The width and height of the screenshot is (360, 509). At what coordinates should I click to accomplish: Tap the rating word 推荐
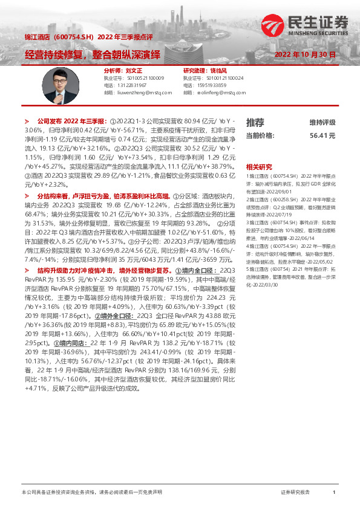pos(255,122)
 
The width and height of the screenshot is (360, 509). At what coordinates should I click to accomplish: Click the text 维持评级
pos(322,122)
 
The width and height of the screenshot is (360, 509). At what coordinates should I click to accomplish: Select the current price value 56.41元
pos(322,136)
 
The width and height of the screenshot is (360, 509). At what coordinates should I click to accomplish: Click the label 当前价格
pos(260,136)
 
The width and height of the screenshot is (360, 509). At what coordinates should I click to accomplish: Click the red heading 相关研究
pos(258,166)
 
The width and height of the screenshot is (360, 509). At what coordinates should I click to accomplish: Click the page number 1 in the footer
pos(334,493)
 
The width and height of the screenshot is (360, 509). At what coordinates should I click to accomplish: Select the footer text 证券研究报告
pos(295,493)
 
